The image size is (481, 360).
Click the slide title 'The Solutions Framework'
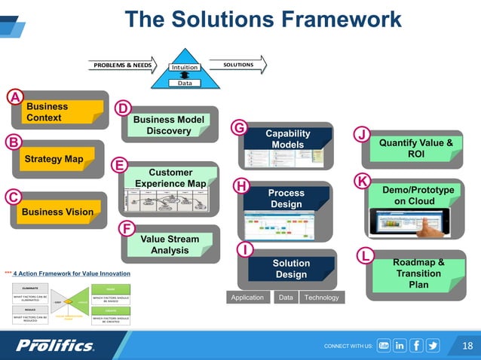(x=263, y=19)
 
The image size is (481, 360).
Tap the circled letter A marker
(x=15, y=96)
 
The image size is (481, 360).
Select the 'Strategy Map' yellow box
(x=54, y=160)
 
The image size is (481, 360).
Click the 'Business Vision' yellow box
(x=57, y=212)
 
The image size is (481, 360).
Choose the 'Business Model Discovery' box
(x=168, y=126)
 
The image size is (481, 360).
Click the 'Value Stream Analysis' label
(x=170, y=245)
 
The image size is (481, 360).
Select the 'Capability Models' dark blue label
(x=288, y=139)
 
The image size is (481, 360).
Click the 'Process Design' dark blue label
(x=286, y=199)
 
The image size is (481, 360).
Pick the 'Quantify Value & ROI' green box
(x=415, y=148)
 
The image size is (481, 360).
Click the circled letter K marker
(x=362, y=182)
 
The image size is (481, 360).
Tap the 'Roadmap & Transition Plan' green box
(x=418, y=273)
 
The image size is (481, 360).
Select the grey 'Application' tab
(x=247, y=297)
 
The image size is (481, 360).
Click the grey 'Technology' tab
(x=321, y=297)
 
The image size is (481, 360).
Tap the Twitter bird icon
(x=433, y=346)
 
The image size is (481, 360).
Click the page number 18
(x=466, y=346)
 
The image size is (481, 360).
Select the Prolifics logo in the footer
(x=56, y=346)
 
